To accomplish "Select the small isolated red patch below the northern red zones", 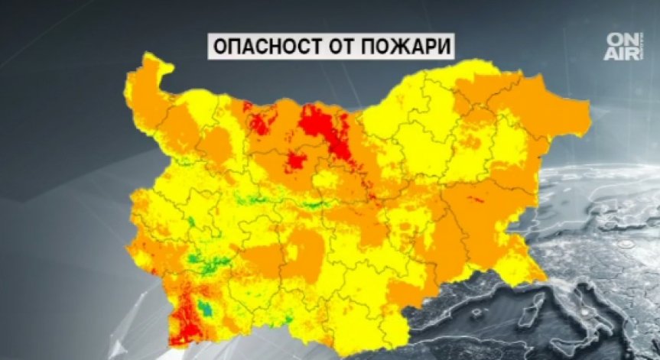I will [x=296, y=160].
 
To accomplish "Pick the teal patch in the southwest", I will [x=204, y=308].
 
